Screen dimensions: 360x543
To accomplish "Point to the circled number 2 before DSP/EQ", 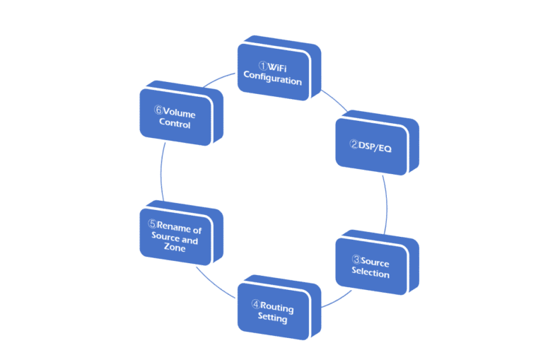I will point(354,144).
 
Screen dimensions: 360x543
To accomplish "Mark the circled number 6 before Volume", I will point(158,111).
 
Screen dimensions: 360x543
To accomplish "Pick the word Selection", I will point(370,273).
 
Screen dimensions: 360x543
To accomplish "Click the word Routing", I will point(276,308).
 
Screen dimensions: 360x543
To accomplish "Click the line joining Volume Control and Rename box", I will point(162,173).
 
